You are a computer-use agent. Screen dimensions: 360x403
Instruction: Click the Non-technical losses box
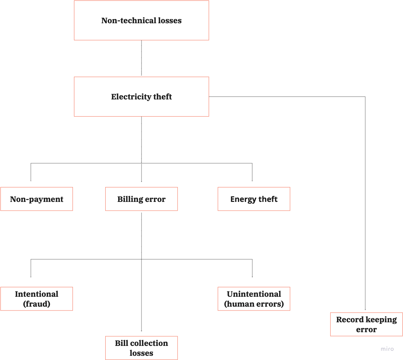point(141,21)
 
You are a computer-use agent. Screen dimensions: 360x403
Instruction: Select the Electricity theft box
point(141,97)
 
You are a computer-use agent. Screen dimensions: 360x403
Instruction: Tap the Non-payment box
point(37,199)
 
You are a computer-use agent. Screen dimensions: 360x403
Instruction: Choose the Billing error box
point(141,199)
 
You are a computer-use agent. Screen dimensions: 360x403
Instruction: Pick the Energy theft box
point(254,199)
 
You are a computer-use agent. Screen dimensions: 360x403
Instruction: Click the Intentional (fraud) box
point(37,299)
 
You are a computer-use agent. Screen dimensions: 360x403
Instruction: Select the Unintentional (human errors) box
point(254,299)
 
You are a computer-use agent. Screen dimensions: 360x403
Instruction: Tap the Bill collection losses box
point(141,348)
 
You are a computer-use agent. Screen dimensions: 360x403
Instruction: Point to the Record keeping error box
point(366,324)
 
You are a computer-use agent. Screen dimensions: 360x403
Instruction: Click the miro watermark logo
point(387,349)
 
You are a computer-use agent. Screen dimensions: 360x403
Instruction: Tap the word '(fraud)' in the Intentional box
point(37,304)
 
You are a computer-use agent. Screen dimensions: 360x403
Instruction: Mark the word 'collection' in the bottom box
point(148,343)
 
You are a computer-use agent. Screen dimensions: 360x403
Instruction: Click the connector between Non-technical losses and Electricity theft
point(141,58)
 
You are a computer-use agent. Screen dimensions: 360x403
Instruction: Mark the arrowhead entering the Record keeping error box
point(365,309)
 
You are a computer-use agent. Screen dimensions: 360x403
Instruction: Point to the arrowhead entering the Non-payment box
point(31,180)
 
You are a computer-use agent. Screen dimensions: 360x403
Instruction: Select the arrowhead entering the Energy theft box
point(252,180)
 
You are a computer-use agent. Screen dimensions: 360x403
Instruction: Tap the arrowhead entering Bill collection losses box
point(141,330)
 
